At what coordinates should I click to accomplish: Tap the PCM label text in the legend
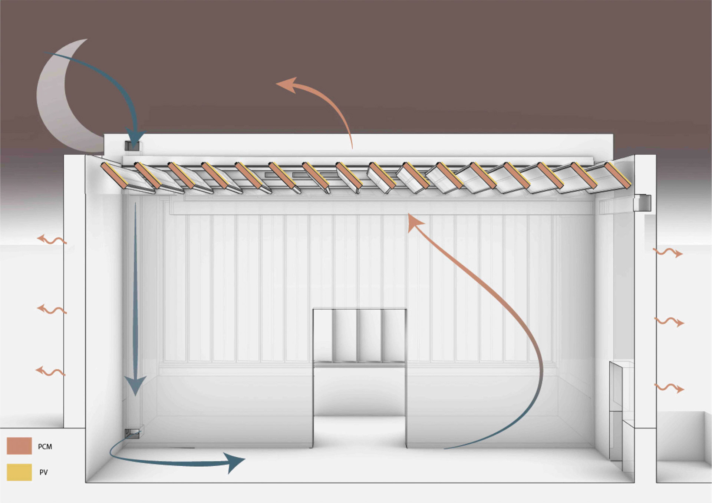pyautogui.click(x=45, y=447)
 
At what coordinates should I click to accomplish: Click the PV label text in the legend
pyautogui.click(x=43, y=472)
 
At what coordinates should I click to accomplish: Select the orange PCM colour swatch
pyautogui.click(x=19, y=446)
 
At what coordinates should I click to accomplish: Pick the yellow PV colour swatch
pyautogui.click(x=19, y=472)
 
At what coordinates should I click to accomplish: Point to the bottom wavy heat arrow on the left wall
pyautogui.click(x=50, y=371)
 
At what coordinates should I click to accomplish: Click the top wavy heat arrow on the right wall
pyautogui.click(x=668, y=253)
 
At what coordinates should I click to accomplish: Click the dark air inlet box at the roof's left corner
pyautogui.click(x=132, y=145)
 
